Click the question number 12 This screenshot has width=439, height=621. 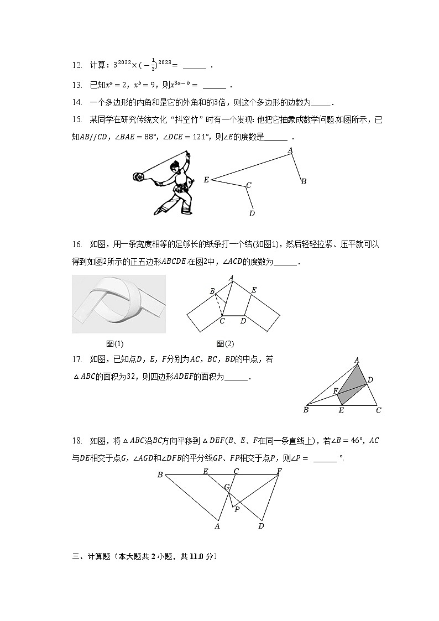[77, 65]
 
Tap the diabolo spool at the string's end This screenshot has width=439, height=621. [138, 177]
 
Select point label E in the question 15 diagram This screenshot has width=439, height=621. [206, 180]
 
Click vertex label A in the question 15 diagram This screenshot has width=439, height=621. [290, 150]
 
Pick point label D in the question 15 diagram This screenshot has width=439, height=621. [252, 213]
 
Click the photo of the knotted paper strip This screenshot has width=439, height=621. [119, 304]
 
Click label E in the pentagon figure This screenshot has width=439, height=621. [254, 290]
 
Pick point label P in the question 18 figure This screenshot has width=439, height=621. [237, 509]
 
